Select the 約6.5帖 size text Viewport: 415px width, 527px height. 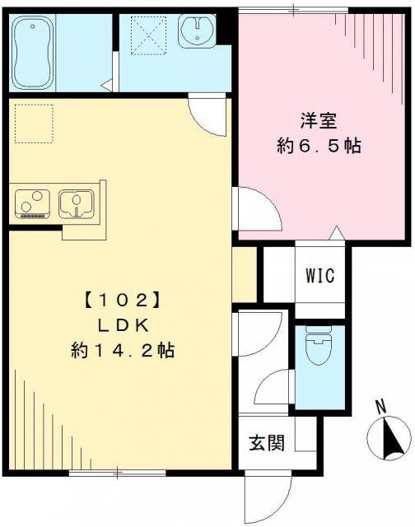click(x=318, y=147)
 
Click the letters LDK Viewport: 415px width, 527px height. click(x=122, y=324)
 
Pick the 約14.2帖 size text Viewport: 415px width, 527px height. click(x=122, y=350)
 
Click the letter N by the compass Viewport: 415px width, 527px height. click(x=380, y=405)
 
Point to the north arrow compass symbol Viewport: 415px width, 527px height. click(x=388, y=436)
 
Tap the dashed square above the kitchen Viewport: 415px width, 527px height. click(x=33, y=123)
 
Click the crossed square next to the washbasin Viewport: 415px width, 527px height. click(x=148, y=35)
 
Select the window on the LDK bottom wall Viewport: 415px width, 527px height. click(x=105, y=473)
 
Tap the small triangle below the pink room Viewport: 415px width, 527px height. click(x=335, y=235)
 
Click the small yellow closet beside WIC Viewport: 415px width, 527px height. click(x=245, y=273)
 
